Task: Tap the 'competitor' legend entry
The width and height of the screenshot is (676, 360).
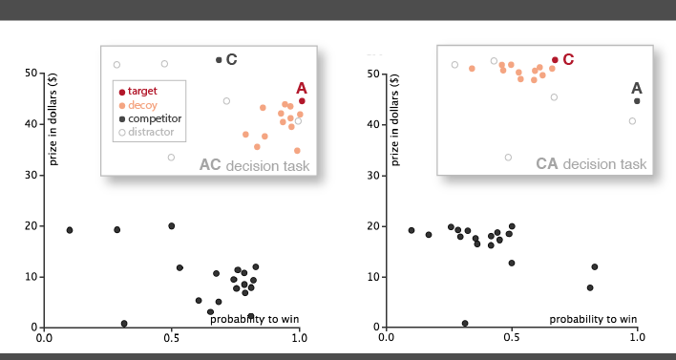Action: [148, 118]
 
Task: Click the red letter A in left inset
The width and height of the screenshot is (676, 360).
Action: [302, 88]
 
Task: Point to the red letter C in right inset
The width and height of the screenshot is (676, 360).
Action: [568, 59]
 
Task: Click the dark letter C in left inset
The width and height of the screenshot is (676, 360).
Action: [231, 59]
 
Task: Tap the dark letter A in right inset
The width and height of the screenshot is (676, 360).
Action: [637, 88]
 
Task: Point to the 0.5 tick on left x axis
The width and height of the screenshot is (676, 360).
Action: [172, 337]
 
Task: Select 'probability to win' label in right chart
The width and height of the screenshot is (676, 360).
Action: [591, 318]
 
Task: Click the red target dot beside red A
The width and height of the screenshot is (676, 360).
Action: [302, 101]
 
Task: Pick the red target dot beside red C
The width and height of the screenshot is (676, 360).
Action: [555, 60]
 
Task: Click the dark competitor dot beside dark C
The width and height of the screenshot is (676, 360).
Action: [219, 60]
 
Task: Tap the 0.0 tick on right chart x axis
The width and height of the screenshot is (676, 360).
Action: [386, 337]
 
